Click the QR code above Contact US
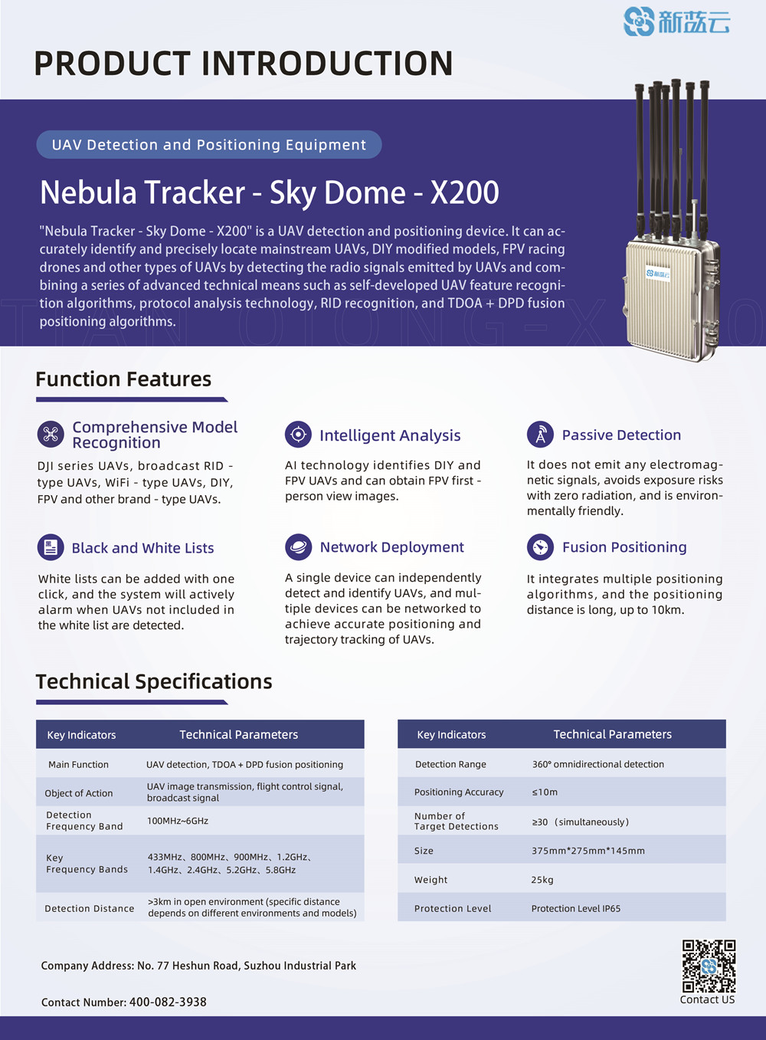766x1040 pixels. coord(709,966)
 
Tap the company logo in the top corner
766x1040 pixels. coord(676,21)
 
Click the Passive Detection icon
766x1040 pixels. coord(540,435)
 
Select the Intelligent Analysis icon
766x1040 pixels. coord(298,435)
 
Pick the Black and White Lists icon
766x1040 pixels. coord(51,547)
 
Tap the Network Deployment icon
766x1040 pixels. coord(298,547)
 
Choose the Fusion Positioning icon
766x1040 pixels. coord(540,547)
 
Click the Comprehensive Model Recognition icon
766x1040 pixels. coord(51,435)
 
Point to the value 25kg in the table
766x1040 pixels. coord(542,880)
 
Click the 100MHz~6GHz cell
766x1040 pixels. coord(178,821)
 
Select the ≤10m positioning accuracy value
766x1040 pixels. coord(545,792)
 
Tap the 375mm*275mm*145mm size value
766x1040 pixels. coord(588,851)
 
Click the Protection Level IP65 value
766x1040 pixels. coord(576,909)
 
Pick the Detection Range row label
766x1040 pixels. coord(450,764)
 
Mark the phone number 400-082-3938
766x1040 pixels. coord(168,1002)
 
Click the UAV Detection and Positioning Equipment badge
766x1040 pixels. coord(208,145)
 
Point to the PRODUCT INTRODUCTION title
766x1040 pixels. coord(244,64)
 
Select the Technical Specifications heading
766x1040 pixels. coord(154,681)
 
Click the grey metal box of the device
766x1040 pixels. coord(672,299)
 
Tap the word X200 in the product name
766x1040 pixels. coord(465,192)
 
